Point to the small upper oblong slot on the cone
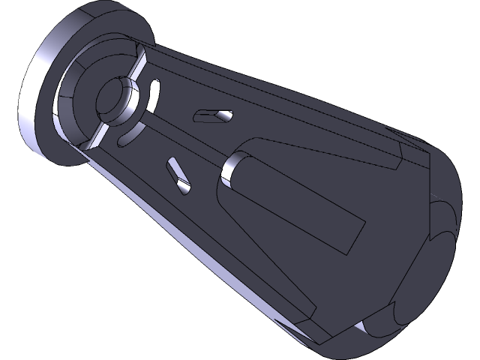(212, 116)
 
